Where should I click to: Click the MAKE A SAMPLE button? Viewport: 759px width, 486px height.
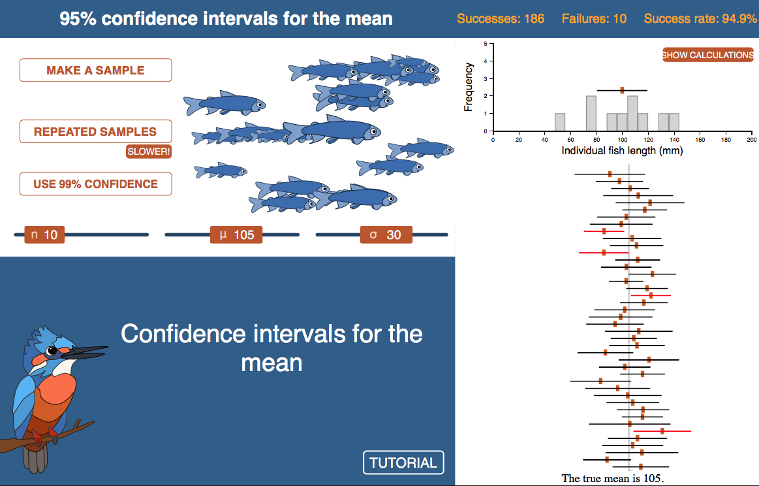(95, 71)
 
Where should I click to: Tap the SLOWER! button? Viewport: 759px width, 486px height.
(149, 152)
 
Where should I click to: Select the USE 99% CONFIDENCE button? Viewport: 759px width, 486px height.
(95, 184)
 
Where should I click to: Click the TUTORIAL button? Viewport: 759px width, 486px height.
(403, 462)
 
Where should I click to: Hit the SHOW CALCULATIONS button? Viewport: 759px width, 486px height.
(707, 55)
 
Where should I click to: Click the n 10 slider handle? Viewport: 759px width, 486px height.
(44, 235)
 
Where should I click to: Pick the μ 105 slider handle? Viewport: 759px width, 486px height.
(236, 235)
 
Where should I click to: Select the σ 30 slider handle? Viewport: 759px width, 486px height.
(386, 235)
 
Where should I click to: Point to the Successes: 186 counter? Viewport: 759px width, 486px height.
(501, 19)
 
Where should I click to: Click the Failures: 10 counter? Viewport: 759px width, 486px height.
(594, 19)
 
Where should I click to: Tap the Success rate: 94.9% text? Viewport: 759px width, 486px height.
(700, 19)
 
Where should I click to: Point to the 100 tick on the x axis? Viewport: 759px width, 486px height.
(623, 140)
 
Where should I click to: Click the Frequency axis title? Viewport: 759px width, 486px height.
(468, 88)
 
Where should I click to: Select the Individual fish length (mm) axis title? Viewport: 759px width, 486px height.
(622, 151)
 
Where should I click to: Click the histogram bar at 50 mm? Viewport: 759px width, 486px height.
(560, 122)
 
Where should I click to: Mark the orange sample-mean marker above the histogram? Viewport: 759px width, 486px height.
(622, 90)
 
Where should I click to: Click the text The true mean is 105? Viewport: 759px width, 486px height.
(613, 478)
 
